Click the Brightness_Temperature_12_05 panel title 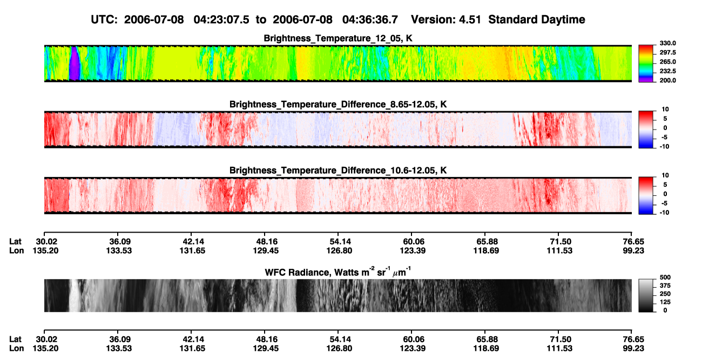click(x=338, y=38)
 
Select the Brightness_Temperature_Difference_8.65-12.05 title click(x=338, y=104)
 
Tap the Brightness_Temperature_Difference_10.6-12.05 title click(x=338, y=171)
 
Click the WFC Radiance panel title click(x=338, y=272)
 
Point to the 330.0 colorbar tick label click(x=667, y=43)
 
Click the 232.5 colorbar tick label click(x=667, y=71)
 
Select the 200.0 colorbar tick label click(x=667, y=80)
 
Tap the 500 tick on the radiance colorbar click(x=665, y=277)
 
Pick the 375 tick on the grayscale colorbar click(x=665, y=286)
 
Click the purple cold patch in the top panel click(x=75, y=64)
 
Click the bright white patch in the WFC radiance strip click(x=75, y=295)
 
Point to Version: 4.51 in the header click(x=446, y=19)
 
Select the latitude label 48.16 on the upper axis click(x=266, y=242)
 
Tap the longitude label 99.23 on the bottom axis click(x=633, y=349)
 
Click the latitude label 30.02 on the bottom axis click(x=46, y=339)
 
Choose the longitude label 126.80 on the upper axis click(x=339, y=250)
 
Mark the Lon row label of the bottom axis click(x=16, y=349)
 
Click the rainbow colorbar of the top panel click(x=646, y=64)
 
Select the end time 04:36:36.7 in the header click(x=370, y=19)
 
